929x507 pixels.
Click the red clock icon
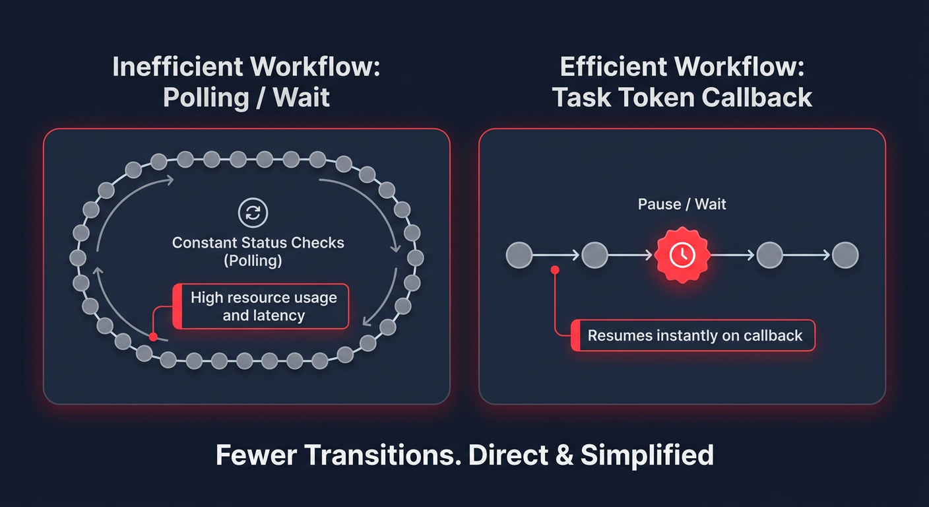click(x=682, y=255)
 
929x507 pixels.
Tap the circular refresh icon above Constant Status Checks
click(x=253, y=213)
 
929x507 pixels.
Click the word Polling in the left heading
click(x=203, y=98)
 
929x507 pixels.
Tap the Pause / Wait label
click(x=682, y=204)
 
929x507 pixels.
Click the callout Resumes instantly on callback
click(x=694, y=335)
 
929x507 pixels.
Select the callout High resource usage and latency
click(x=263, y=306)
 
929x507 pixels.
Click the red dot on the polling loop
click(x=153, y=337)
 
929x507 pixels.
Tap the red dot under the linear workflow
click(x=555, y=269)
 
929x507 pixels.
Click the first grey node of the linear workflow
click(x=519, y=255)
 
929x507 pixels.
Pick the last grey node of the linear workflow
click(x=845, y=255)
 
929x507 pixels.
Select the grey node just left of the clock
click(x=594, y=255)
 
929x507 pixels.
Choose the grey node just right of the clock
click(x=769, y=255)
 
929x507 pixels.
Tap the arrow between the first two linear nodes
click(x=557, y=255)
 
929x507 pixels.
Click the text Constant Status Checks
click(x=258, y=242)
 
